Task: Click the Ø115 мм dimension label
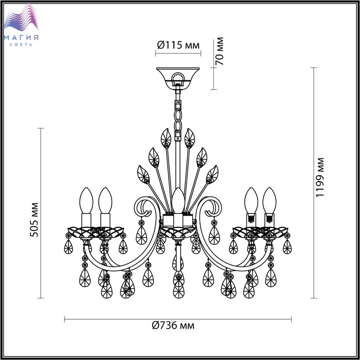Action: pos(178,45)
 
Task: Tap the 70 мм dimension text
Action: pos(219,51)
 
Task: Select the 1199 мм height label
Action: pos(319,177)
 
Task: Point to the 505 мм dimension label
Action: pos(34,220)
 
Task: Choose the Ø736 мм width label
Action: pos(173,325)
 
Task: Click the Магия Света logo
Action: pos(21,25)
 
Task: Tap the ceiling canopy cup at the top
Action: pos(178,77)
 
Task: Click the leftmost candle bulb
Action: pos(86,201)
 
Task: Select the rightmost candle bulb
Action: pos(269,201)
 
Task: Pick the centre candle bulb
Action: pos(178,201)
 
